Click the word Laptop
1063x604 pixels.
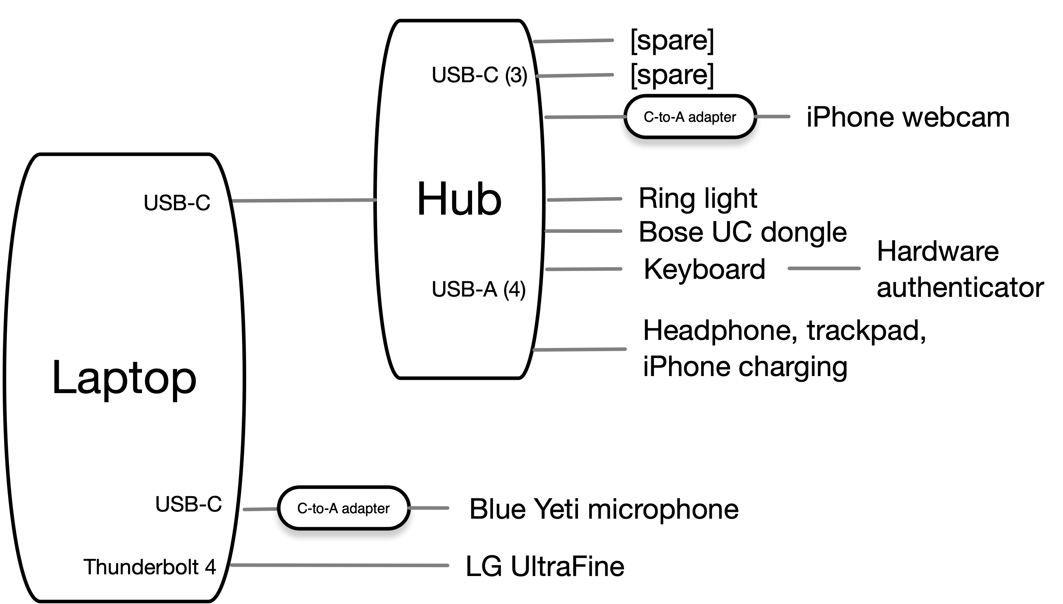124,377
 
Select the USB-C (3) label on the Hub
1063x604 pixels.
479,75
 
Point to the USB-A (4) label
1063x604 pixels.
478,289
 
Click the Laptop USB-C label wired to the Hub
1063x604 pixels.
177,203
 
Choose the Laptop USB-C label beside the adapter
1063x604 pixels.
188,504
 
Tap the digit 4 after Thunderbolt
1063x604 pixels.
210,567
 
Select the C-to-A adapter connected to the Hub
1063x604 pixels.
690,117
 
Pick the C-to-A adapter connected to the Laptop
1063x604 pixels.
343,508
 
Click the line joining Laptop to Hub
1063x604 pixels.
304,200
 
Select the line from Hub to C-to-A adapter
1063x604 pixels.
585,117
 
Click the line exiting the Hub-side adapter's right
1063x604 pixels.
772,117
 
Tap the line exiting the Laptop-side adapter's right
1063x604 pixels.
428,508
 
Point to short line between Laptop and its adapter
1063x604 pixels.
260,509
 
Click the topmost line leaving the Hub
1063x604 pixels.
573,41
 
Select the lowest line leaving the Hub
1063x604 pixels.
579,349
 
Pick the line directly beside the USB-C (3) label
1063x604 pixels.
575,75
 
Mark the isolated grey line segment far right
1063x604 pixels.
824,269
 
